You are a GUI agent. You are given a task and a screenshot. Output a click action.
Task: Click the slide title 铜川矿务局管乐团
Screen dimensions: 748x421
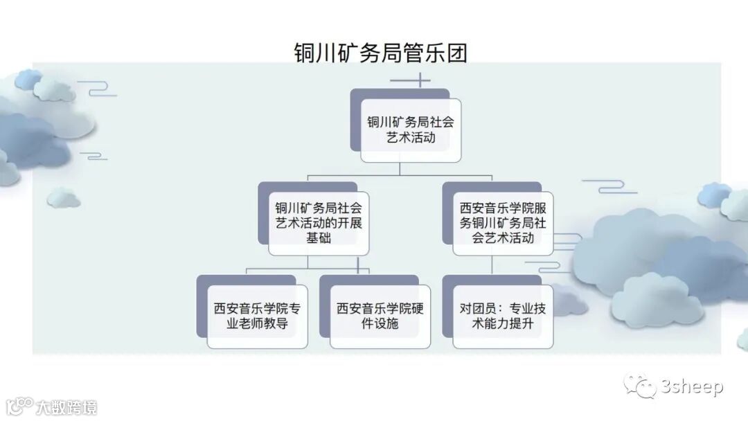click(380, 53)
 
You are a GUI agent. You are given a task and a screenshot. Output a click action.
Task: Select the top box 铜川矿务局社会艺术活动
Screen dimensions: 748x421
click(411, 129)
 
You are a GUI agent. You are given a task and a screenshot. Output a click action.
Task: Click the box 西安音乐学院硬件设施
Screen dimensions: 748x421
click(380, 315)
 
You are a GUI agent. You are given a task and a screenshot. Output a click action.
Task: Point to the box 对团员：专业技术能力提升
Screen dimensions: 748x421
click(503, 315)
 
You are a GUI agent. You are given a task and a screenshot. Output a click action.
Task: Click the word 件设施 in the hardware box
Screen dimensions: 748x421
click(380, 323)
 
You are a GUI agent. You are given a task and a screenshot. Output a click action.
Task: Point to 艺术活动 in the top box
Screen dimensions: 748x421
click(411, 138)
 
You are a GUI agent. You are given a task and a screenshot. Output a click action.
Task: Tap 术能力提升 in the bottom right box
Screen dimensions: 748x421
click(503, 323)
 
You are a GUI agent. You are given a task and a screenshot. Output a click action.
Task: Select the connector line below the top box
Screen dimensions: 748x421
click(400, 170)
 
